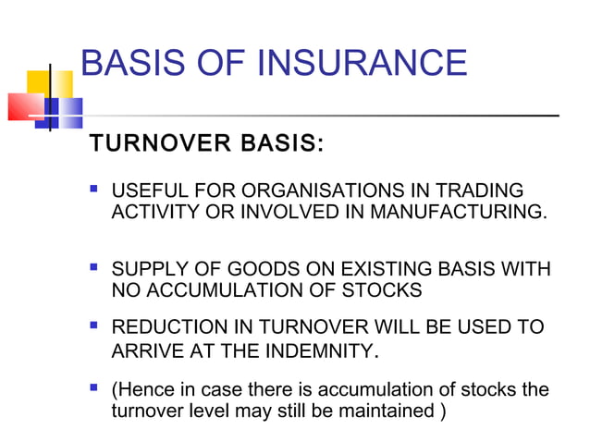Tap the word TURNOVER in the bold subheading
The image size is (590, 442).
point(148,145)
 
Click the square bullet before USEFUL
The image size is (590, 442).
point(93,190)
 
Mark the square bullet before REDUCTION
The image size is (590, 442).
point(93,327)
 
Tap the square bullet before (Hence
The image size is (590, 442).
point(93,388)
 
